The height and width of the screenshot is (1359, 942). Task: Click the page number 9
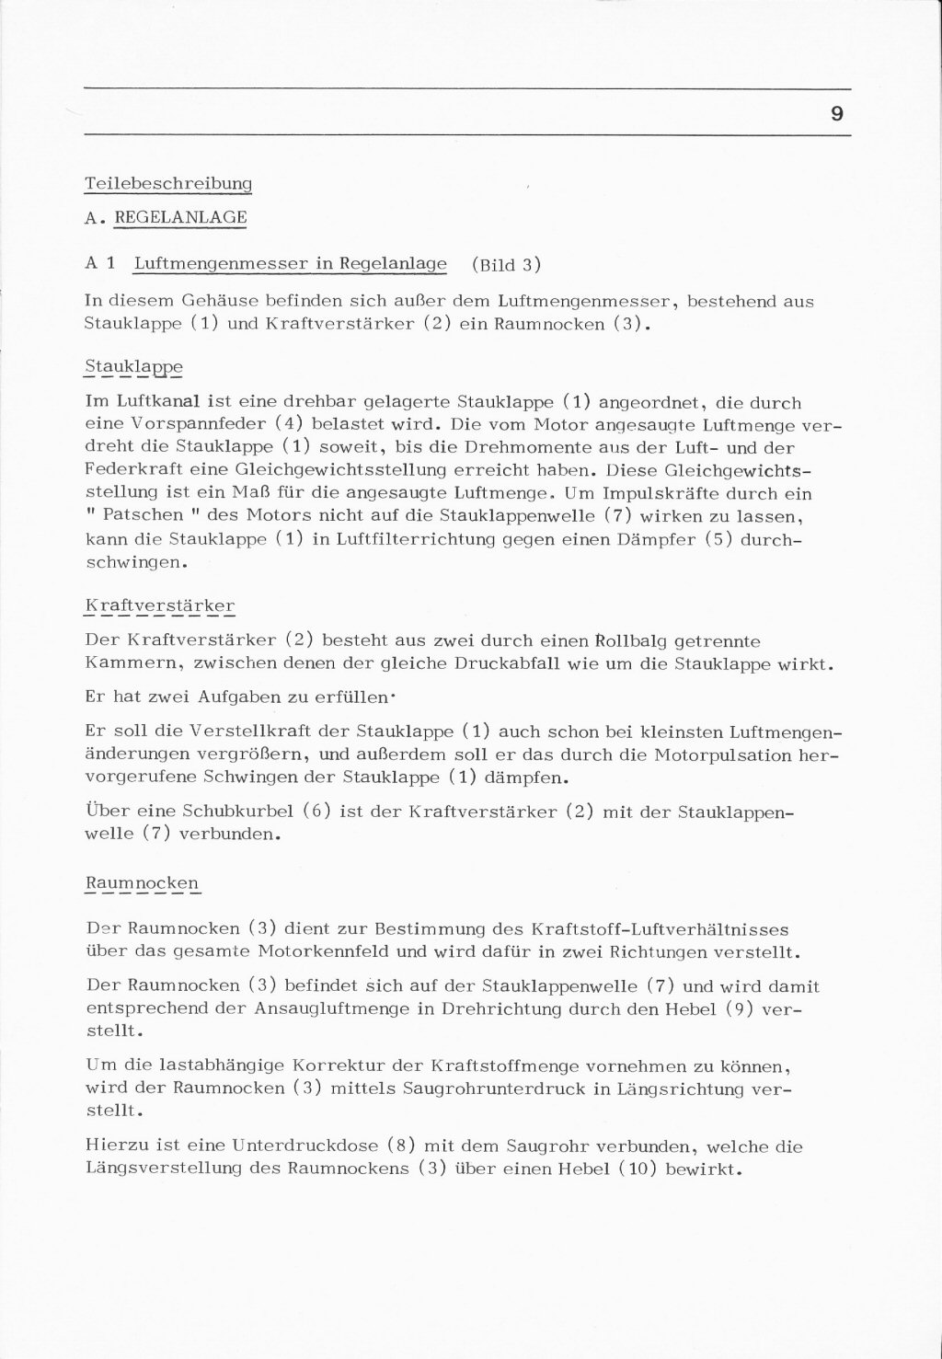(836, 115)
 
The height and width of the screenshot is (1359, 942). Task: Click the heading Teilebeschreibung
(168, 183)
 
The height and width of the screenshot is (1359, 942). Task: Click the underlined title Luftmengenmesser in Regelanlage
(290, 264)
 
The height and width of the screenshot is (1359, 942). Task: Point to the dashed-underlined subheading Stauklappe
(133, 367)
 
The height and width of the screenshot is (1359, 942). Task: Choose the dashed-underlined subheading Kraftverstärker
(159, 605)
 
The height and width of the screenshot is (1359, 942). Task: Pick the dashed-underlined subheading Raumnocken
(142, 883)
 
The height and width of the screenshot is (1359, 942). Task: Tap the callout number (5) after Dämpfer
(719, 540)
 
